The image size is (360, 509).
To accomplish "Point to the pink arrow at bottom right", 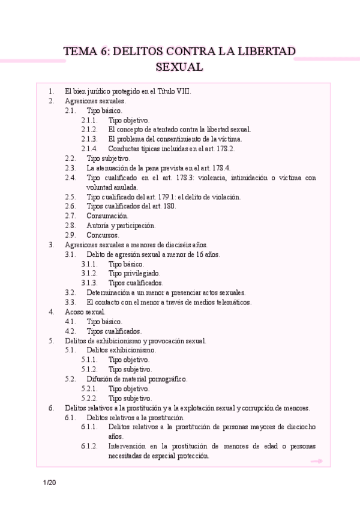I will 316,461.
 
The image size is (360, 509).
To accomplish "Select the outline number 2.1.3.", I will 89,139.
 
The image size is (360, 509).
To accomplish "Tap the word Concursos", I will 103,235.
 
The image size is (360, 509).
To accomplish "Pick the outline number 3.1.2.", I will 89,273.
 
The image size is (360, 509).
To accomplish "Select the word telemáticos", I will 231,302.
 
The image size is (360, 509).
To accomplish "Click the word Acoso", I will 75,312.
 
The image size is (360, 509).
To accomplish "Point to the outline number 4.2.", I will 70,331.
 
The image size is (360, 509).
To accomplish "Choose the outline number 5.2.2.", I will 89,398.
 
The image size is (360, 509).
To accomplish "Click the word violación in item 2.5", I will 224,196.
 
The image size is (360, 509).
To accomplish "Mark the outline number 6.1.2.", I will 89,446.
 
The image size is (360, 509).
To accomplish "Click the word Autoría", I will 99,225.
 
